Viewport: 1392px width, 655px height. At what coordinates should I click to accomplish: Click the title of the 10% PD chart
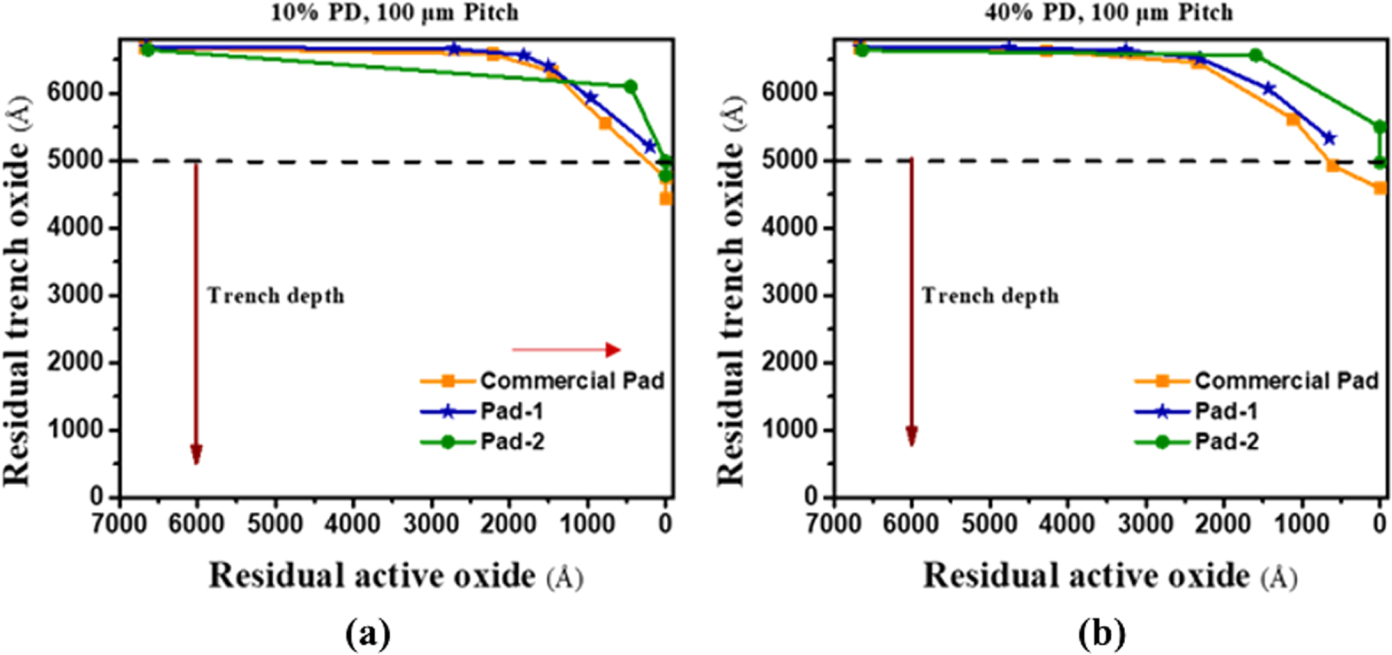tap(394, 12)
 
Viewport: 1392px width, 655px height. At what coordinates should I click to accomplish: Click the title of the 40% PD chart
tap(1108, 12)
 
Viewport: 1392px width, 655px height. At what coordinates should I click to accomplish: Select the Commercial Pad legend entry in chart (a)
tap(571, 380)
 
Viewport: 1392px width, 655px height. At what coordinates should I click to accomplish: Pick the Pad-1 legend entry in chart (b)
tap(1226, 412)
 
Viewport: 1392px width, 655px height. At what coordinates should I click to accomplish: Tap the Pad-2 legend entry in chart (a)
tap(512, 442)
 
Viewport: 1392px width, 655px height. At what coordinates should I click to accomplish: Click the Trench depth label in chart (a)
tap(275, 296)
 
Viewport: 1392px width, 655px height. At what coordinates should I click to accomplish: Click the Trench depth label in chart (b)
tap(990, 296)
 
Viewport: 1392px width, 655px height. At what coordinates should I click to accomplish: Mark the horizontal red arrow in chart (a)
tap(566, 350)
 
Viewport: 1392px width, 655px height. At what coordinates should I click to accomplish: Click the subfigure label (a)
tap(368, 634)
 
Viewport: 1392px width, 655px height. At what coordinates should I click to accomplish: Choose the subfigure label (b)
tap(1101, 634)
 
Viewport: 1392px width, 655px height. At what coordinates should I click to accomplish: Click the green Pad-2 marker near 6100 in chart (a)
tap(630, 86)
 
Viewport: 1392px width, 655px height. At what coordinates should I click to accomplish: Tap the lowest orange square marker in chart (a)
tap(665, 198)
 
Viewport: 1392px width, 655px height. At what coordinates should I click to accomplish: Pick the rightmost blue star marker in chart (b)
tap(1329, 138)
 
